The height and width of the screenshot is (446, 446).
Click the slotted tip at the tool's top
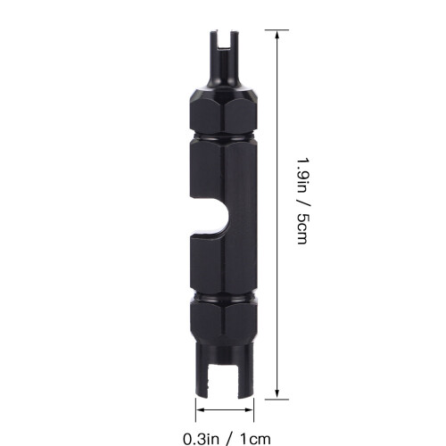tap(225, 45)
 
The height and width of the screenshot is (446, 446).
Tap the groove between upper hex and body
tap(223, 137)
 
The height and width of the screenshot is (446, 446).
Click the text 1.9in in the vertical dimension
tap(303, 175)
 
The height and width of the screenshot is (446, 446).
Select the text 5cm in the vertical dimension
tap(303, 229)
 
